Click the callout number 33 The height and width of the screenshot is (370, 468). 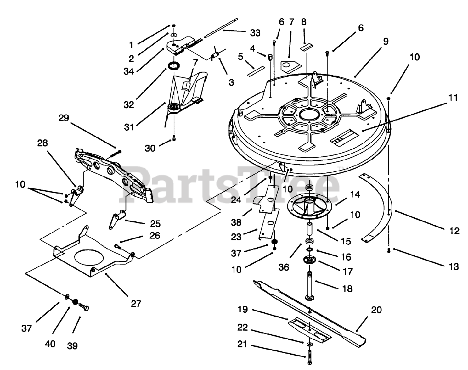click(255, 33)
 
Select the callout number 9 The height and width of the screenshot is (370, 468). click(386, 42)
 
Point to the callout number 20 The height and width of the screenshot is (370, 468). click(376, 310)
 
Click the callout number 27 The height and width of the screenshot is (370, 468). click(136, 303)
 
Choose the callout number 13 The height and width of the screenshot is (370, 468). click(453, 267)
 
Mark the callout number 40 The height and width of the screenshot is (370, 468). click(50, 344)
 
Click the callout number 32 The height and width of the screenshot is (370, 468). click(128, 104)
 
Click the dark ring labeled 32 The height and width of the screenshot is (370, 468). click(174, 66)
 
